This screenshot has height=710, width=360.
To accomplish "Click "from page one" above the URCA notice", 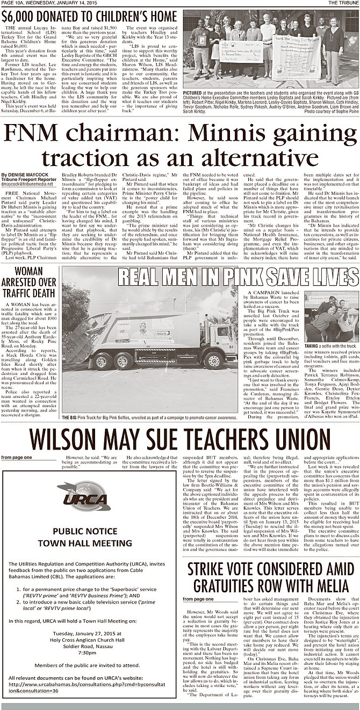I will (x=13, y=457).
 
